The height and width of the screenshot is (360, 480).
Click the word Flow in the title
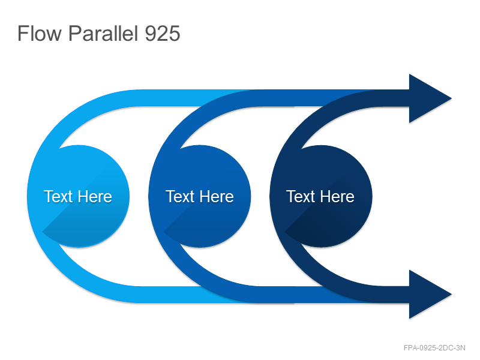(x=39, y=33)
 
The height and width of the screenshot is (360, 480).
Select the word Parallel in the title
(x=103, y=33)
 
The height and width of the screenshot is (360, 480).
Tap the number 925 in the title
(x=162, y=33)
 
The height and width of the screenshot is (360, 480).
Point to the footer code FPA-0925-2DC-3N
(x=434, y=348)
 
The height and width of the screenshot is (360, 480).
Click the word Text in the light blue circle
(x=58, y=196)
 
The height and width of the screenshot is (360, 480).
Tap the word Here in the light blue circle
(x=94, y=196)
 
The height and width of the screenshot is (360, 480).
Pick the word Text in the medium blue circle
(x=179, y=196)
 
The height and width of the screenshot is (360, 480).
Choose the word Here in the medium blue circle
(x=216, y=196)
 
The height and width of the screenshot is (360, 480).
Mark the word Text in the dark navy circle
(x=301, y=196)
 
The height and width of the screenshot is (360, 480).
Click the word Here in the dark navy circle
(x=337, y=196)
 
